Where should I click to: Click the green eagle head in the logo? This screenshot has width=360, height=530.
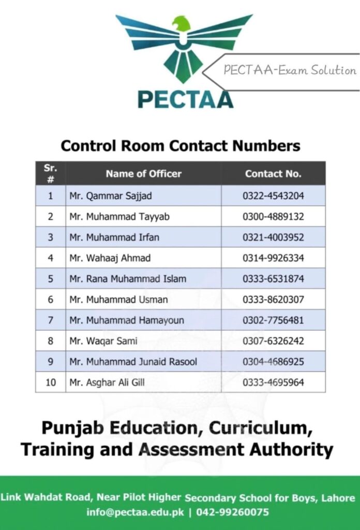[182, 24]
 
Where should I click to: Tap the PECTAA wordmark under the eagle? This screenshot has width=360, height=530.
[185, 99]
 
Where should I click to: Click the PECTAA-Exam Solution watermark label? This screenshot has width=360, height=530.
[290, 70]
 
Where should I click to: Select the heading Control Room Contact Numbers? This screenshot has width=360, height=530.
[181, 145]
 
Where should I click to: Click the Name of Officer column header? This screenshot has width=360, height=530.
[143, 174]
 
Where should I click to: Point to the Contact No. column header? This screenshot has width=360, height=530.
[273, 174]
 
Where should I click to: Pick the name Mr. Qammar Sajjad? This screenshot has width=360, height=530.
[111, 196]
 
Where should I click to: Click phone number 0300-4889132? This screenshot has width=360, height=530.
[273, 217]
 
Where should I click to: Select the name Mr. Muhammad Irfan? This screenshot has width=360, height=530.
[114, 238]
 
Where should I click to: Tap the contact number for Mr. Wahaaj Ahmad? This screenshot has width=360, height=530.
[273, 258]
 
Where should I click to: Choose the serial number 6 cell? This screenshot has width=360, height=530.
[50, 300]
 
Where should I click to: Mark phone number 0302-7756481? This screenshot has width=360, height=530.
[273, 320]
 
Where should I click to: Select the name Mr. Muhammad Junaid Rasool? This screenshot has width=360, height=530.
[133, 362]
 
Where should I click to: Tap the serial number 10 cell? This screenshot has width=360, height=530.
[50, 382]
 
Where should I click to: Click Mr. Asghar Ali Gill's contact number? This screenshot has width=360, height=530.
[273, 382]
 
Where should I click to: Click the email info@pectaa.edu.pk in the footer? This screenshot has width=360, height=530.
[134, 512]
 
